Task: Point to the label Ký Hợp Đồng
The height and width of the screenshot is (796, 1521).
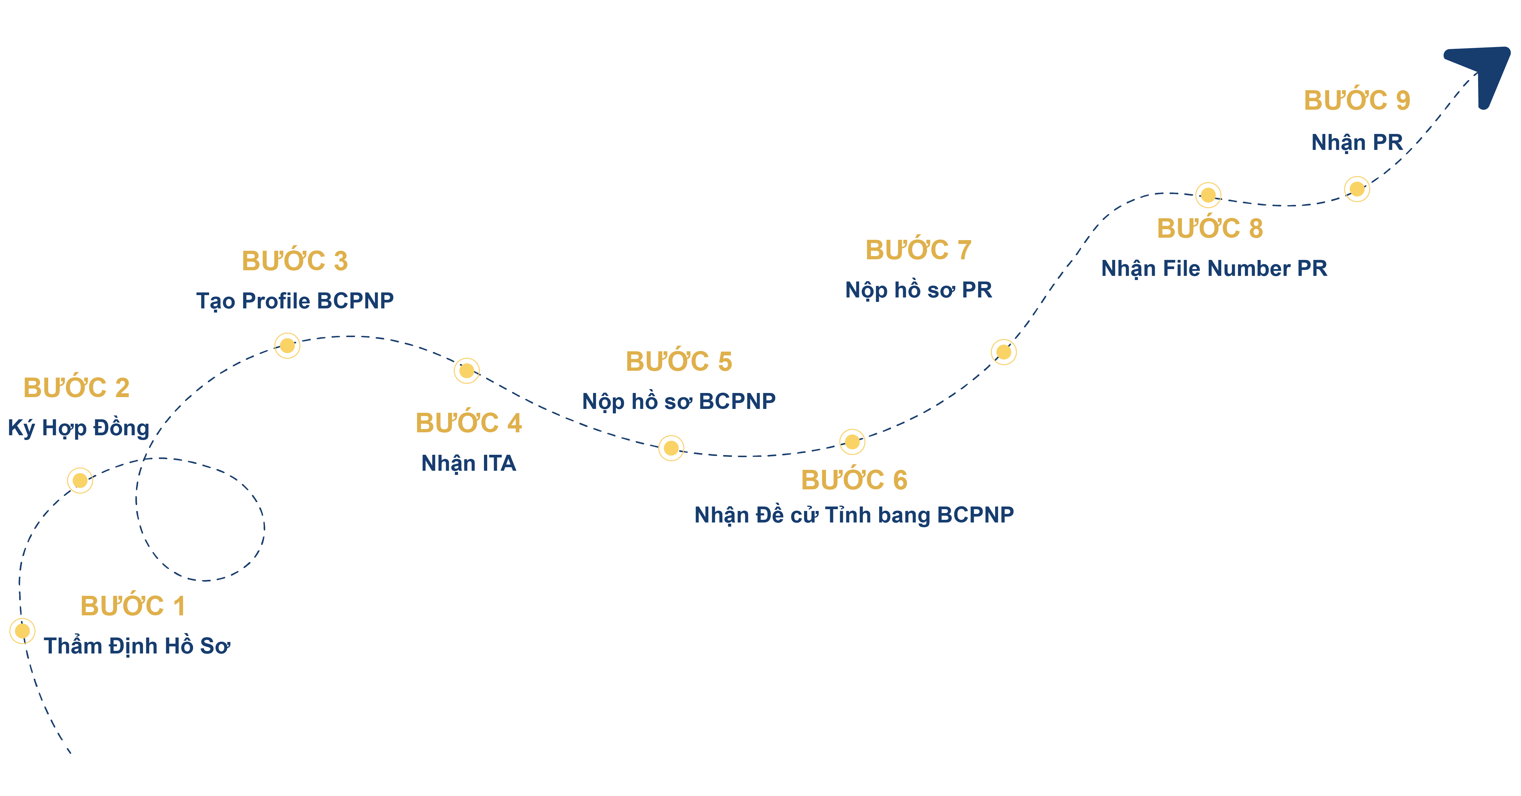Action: coord(79,428)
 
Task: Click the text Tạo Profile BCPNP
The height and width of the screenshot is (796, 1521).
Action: coord(295,300)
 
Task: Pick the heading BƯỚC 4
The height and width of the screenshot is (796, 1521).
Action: coord(469,423)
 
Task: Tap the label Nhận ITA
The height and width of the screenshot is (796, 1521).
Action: coord(469,463)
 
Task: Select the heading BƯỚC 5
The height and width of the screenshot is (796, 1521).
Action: coord(679,361)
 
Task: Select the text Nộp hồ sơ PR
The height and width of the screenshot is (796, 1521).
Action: coord(919,290)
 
